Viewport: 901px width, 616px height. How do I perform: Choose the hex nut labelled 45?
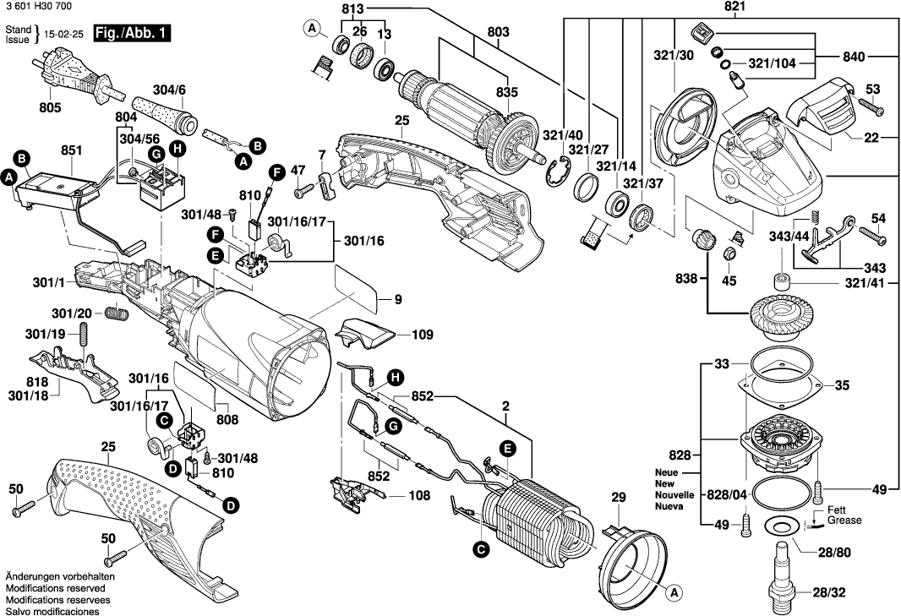(732, 253)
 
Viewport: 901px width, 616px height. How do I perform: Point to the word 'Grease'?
(844, 521)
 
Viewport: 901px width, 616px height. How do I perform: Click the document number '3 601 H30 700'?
(37, 7)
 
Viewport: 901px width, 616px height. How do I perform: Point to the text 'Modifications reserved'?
(55, 587)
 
